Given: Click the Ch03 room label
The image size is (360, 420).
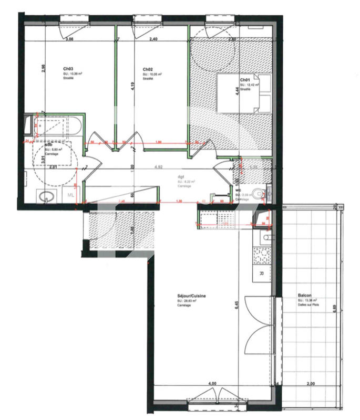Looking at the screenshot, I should (x=68, y=69).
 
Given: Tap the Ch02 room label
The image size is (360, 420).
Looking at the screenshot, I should (x=148, y=69).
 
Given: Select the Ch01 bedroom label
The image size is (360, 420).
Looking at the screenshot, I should (x=245, y=80).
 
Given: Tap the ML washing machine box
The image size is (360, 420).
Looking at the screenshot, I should (x=71, y=195).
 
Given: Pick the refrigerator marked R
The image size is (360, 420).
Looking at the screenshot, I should (x=262, y=274).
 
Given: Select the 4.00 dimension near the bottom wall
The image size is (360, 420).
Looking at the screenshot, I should (x=212, y=384).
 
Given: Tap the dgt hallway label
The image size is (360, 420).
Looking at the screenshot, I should (x=181, y=177).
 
